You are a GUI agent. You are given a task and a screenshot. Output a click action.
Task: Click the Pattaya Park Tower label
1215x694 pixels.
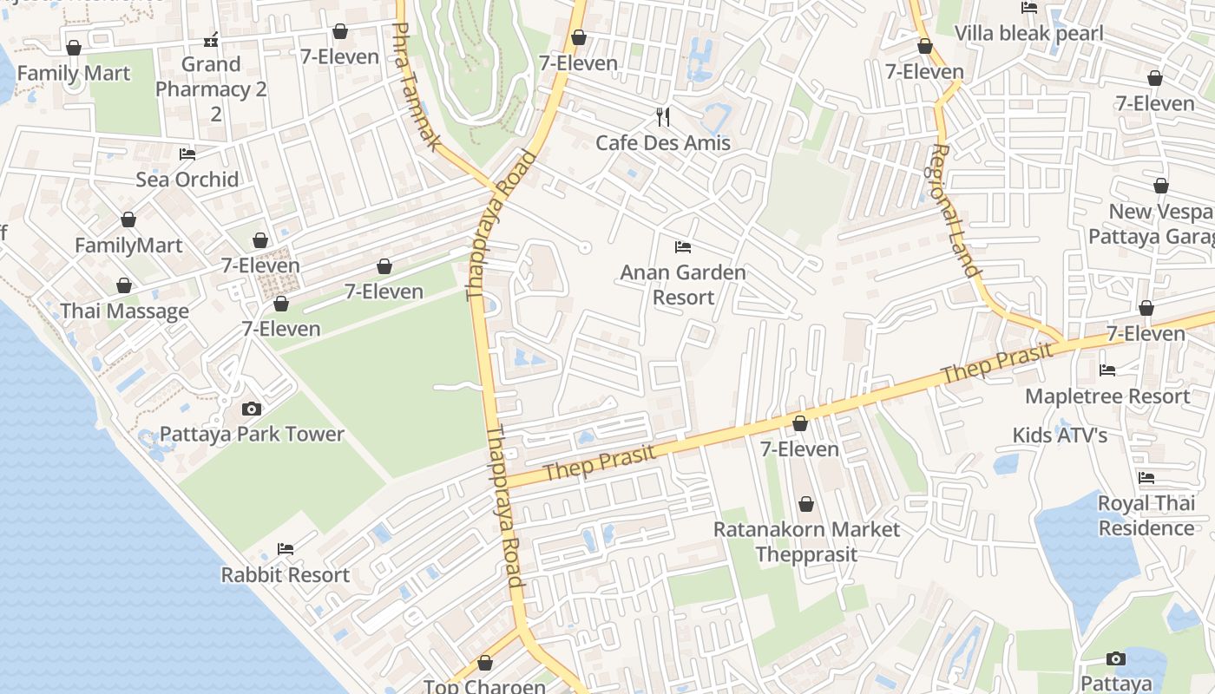252,434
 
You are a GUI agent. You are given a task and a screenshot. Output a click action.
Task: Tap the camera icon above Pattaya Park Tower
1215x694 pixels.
252,409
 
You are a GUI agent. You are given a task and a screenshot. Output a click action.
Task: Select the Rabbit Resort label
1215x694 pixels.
285,574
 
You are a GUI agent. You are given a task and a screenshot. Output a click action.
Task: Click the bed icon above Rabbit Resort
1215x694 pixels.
285,549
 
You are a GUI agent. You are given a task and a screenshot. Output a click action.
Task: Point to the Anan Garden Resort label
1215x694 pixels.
683,285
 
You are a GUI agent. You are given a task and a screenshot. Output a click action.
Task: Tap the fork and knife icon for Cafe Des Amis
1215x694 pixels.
663,117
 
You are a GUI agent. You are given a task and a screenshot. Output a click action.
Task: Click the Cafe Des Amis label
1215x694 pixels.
663,142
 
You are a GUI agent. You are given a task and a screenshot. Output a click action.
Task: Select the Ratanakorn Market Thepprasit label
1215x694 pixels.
806,541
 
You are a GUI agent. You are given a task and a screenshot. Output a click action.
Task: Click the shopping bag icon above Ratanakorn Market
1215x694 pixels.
806,504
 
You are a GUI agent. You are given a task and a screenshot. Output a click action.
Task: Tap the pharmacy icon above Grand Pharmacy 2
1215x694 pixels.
211,39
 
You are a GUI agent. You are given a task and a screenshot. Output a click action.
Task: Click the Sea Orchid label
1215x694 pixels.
187,180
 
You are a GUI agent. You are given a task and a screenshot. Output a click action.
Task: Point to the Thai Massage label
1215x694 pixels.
124,311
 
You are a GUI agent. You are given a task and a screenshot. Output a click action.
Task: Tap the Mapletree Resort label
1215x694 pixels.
1107,396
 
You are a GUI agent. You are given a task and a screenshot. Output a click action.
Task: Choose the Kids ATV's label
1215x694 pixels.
1060,435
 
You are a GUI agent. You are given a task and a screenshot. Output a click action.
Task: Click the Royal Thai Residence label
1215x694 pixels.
1146,515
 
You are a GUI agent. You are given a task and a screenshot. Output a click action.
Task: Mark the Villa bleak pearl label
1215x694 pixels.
1028,34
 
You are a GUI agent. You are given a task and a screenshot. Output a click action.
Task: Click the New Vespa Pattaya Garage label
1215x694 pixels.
1159,224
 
